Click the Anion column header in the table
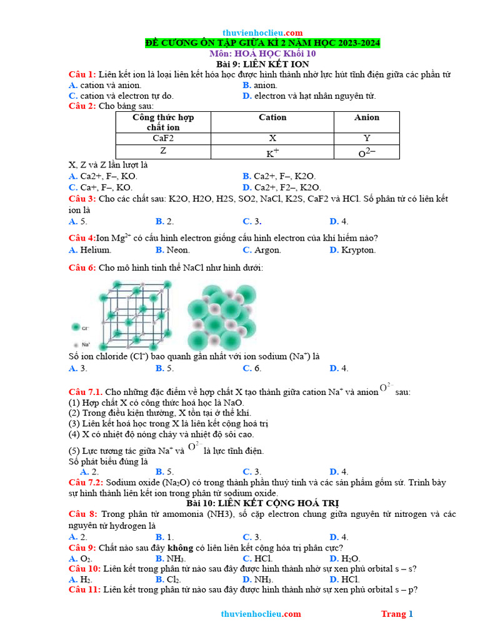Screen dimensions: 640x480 coord(366,117)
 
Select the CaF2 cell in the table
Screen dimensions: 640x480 coord(163,138)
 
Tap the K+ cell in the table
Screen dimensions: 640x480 coord(272,152)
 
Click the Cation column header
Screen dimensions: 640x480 coord(272,117)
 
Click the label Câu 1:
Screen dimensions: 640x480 coord(82,75)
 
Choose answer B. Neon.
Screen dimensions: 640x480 coord(173,250)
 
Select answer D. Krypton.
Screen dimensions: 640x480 coord(352,250)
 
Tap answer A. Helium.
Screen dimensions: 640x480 coord(90,250)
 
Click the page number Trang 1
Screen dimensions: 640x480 coord(397,614)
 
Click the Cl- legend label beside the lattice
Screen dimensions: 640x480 coord(86,327)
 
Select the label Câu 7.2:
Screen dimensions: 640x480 coord(86,483)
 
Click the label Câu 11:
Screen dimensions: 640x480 coord(84,589)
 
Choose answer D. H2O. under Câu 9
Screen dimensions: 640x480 coord(345,558)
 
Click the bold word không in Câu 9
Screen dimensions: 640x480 coord(182,547)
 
